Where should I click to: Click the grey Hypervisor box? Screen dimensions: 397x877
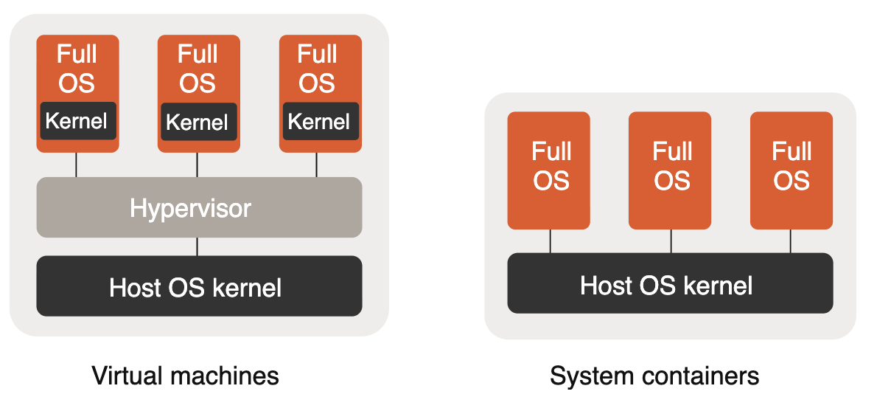199,207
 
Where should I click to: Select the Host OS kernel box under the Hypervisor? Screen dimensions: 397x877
199,286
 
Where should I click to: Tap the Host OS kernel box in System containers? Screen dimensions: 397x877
670,283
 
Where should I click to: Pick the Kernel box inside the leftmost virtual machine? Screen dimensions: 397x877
77,121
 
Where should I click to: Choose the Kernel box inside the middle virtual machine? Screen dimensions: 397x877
198,122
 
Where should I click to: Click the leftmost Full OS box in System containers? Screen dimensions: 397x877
549,170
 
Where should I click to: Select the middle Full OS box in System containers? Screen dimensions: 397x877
670,170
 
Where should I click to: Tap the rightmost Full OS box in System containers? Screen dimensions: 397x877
791,170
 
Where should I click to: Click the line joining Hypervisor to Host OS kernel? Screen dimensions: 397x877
198,246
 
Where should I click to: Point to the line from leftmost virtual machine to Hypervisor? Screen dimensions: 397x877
76,165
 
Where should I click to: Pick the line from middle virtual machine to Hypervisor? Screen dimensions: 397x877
197,165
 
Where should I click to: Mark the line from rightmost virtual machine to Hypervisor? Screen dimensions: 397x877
317,165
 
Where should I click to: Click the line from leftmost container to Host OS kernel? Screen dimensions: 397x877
550,241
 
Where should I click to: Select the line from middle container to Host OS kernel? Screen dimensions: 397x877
671,241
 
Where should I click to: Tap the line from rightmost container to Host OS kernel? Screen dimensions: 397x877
791,241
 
